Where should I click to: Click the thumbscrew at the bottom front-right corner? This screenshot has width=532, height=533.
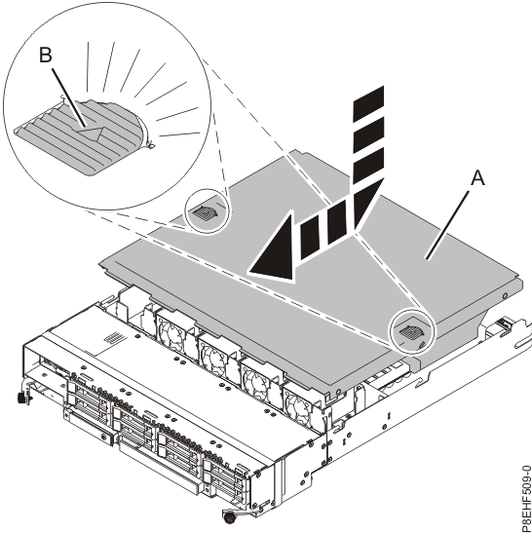click(x=231, y=514)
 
